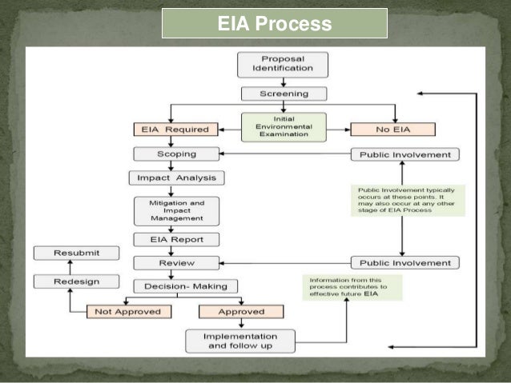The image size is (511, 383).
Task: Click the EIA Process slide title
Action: click(275, 24)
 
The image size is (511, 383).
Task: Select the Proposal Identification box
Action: click(272, 64)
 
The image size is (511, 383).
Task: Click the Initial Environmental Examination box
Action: click(272, 128)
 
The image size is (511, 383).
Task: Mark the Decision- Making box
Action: click(185, 285)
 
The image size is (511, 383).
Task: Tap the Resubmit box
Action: click(76, 253)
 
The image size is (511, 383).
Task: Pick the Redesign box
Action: click(76, 281)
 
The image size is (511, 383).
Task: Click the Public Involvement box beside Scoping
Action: click(404, 154)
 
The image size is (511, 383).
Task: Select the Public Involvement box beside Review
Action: click(404, 262)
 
